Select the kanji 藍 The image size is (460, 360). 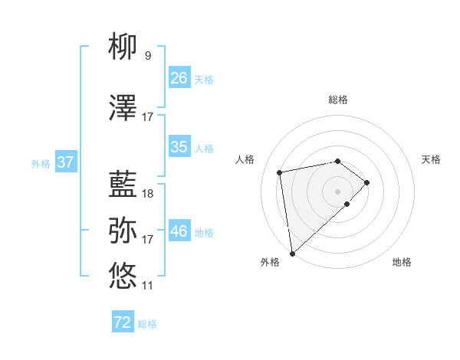[x=123, y=185]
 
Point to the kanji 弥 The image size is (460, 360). [x=123, y=230]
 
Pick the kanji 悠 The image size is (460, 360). [x=123, y=276]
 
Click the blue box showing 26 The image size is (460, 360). [x=179, y=77]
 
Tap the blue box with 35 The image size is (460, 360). [x=179, y=147]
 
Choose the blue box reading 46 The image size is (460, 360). [x=179, y=231]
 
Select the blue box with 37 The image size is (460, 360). [x=65, y=162]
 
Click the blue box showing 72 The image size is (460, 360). [x=123, y=322]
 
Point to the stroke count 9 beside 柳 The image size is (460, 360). [x=148, y=56]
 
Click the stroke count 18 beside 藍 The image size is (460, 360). [x=148, y=193]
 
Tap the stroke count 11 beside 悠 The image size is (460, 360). [x=148, y=286]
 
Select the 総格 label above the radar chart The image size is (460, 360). [x=338, y=100]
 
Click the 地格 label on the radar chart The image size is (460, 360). [x=402, y=262]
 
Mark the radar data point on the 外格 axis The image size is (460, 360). [x=291, y=253]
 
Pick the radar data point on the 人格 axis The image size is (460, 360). [x=280, y=172]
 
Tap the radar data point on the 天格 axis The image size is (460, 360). [x=368, y=182]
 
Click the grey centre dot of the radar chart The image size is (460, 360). [x=338, y=191]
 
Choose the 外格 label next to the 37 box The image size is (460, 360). [x=41, y=163]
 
